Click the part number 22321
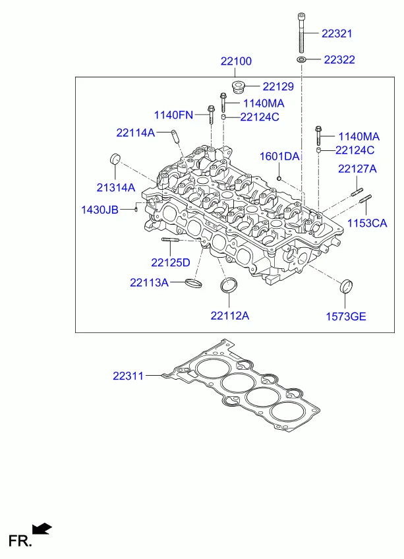point(337,34)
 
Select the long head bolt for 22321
point(301,32)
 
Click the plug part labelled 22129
point(237,86)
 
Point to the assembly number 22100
point(236,61)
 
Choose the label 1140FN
point(173,115)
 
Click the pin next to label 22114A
point(175,136)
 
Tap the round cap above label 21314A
point(115,159)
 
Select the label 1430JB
point(100,210)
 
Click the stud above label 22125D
point(171,239)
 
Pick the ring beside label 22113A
point(194,283)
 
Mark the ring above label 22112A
point(229,285)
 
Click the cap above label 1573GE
point(346,286)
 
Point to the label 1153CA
point(367,223)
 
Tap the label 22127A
point(357,169)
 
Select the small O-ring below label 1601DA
point(279,177)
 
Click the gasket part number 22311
point(128,376)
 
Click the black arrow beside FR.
point(42,529)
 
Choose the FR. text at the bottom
point(20,541)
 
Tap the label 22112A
point(229,316)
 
